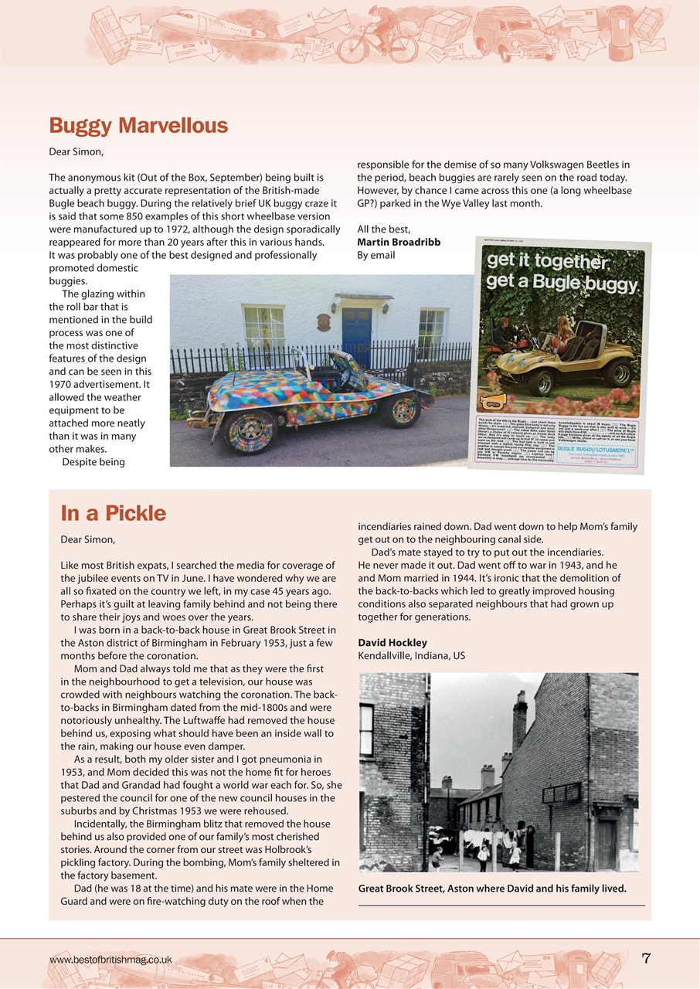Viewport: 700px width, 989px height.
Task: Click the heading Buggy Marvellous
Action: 138,126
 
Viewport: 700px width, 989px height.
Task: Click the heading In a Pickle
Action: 113,513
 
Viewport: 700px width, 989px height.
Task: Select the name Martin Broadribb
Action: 399,242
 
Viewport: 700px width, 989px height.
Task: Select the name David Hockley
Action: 392,643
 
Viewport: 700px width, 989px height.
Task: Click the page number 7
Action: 646,959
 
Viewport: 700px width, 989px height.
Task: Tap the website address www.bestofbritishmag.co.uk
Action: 110,960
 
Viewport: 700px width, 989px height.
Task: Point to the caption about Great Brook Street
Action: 492,889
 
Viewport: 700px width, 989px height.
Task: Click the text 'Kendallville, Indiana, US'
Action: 411,656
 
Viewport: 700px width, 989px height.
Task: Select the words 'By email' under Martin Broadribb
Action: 375,255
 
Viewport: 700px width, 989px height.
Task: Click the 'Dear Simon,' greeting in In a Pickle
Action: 88,539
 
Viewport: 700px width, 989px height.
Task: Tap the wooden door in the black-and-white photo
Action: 607,845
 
